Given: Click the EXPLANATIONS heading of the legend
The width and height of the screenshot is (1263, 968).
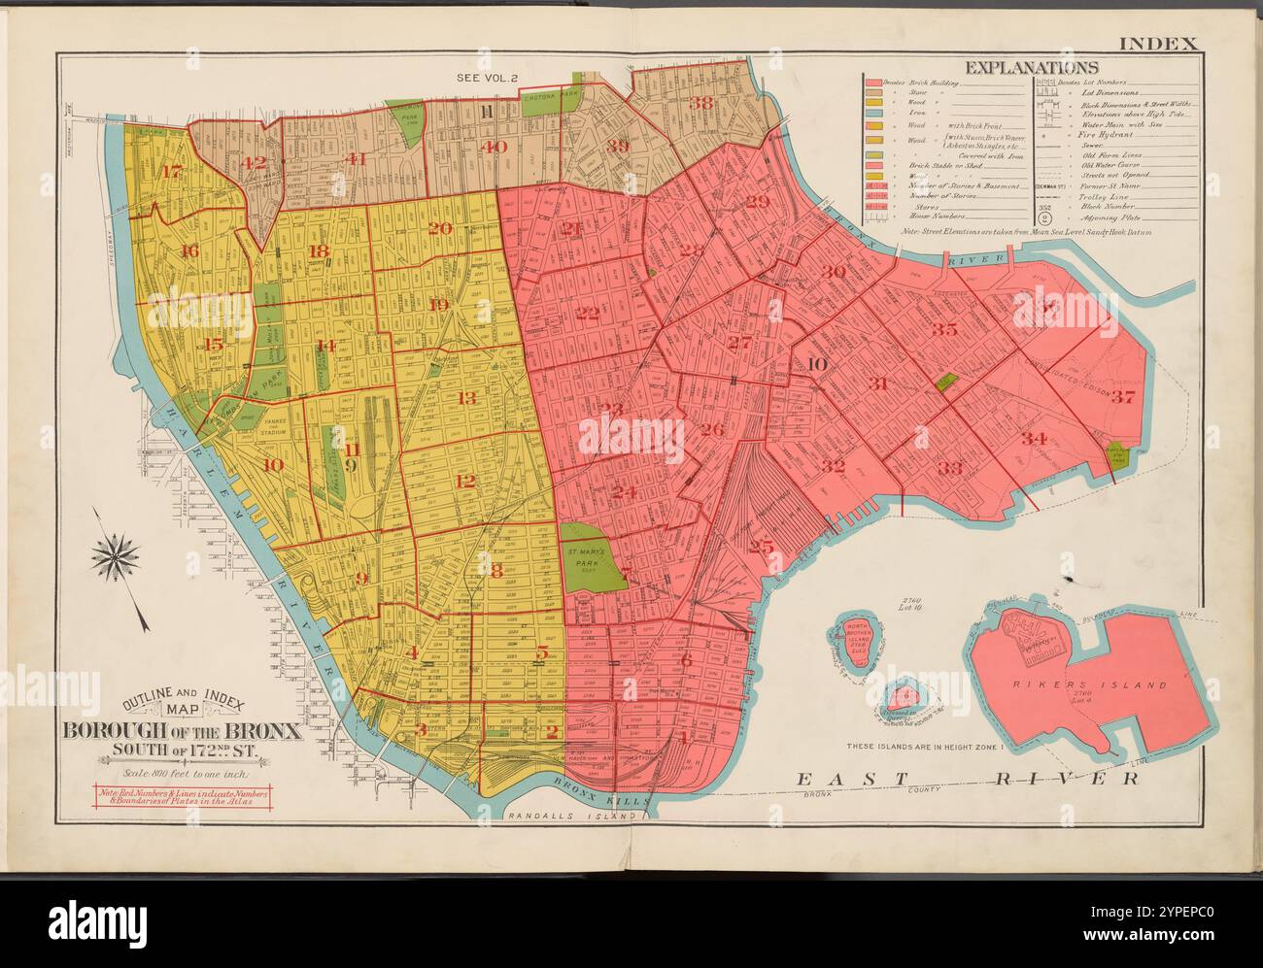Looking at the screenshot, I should (x=1030, y=67).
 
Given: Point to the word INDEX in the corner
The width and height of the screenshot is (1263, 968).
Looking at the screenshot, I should (x=1162, y=43).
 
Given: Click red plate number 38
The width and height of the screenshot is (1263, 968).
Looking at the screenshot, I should (x=700, y=103).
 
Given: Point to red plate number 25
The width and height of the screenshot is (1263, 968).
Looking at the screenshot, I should (x=761, y=547).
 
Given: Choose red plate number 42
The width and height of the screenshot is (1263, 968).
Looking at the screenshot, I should (x=255, y=163).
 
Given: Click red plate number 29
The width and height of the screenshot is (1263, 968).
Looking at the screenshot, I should (x=757, y=201).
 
